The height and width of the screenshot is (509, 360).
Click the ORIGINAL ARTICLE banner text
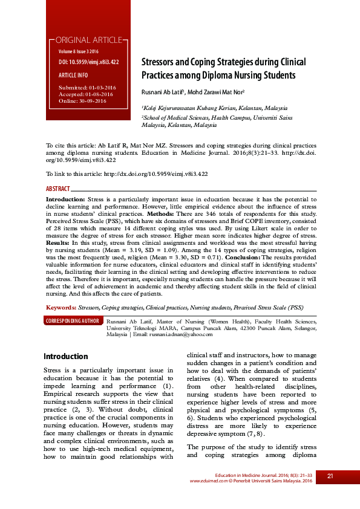(88, 41)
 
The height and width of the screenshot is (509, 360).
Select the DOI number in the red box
(88, 62)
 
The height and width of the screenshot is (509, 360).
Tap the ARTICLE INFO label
(73, 76)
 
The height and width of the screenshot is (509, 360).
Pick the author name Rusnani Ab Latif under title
(163, 92)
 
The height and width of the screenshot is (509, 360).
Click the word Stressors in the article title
(157, 62)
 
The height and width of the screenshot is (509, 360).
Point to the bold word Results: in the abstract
(58, 242)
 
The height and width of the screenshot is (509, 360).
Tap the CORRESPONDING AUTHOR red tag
(73, 320)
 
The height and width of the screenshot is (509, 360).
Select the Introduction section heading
(66, 357)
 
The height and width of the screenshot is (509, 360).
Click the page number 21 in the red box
(330, 476)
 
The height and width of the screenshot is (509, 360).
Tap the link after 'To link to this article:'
(156, 173)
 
